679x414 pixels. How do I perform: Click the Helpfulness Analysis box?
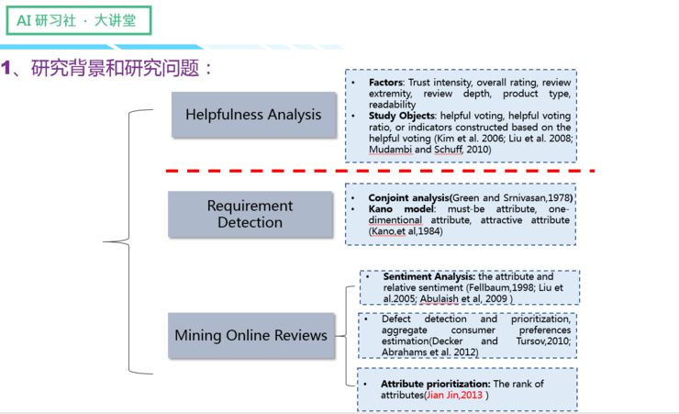[253, 115]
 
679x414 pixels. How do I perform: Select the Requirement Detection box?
[250, 214]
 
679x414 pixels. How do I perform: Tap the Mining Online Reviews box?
[250, 335]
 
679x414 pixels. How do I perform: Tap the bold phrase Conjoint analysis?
[408, 197]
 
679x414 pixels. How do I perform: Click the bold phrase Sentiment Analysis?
[428, 276]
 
